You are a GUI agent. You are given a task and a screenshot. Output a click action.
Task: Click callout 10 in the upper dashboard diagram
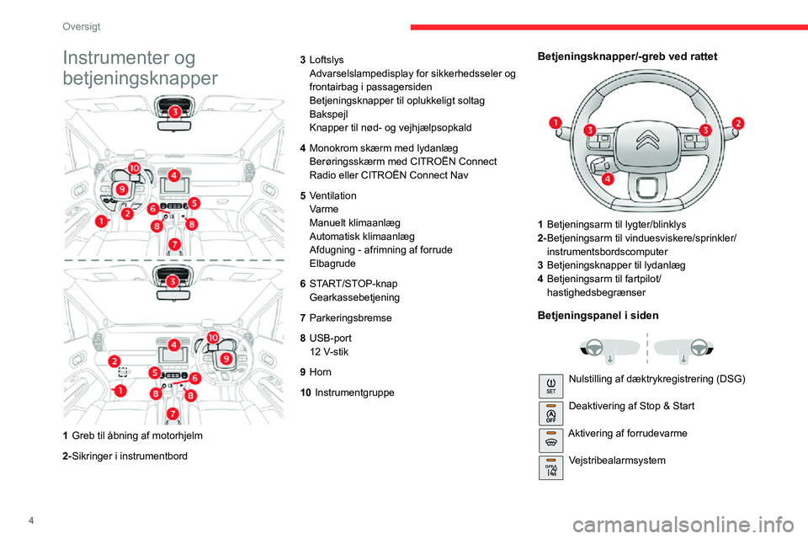point(135,168)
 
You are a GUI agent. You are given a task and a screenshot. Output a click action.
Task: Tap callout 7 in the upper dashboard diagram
point(174,244)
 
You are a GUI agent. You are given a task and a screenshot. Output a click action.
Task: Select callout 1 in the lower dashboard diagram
point(120,391)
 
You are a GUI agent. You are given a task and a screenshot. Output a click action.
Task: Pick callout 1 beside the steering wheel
point(556,125)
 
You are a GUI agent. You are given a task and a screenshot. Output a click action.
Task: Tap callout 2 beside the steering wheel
point(738,124)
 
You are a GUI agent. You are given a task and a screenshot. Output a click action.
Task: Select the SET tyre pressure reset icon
point(551,387)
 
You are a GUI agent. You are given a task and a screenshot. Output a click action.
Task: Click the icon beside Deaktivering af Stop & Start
point(551,414)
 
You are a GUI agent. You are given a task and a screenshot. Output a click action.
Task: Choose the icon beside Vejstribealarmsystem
point(551,467)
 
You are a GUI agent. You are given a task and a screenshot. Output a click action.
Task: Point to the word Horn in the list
point(321,371)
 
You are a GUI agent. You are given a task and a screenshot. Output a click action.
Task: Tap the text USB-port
point(332,338)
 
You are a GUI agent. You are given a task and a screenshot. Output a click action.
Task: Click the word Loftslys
point(327,60)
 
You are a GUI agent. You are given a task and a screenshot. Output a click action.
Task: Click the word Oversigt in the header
point(82,27)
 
